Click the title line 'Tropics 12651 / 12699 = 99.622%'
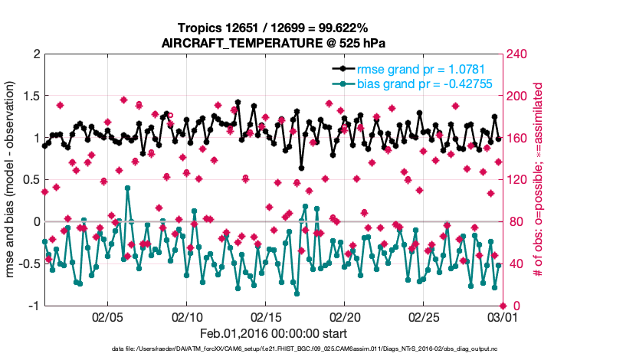click(273, 28)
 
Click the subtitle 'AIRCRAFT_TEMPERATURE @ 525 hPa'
click(273, 43)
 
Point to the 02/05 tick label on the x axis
click(107, 316)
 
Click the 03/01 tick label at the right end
click(502, 316)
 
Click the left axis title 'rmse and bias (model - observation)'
click(11, 180)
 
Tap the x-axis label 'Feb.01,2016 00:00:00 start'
click(273, 333)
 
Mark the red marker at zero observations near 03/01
click(503, 305)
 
